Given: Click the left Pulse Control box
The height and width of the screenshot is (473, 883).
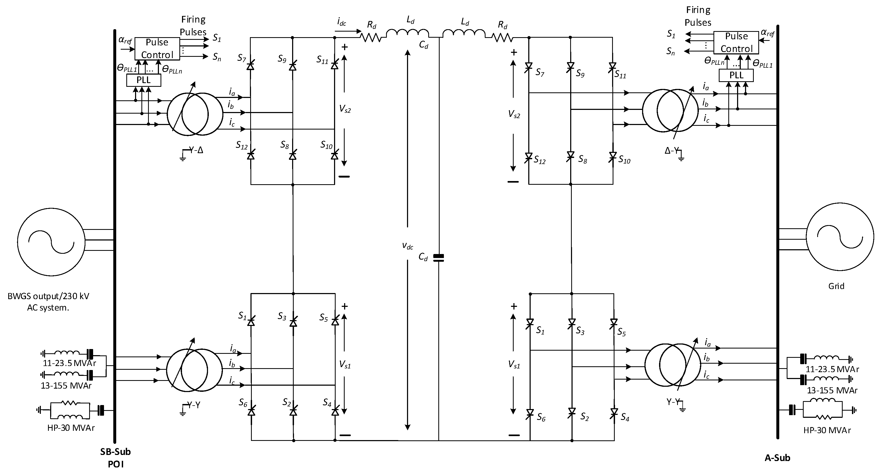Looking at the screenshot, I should coord(157,49).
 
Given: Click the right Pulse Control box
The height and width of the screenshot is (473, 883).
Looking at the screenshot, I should coord(736,42).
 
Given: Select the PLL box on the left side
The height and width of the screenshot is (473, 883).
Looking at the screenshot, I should coord(144,80).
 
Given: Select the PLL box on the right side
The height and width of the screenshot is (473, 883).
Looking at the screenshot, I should coord(736,75).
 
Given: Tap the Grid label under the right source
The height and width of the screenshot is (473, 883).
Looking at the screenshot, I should coord(836,286).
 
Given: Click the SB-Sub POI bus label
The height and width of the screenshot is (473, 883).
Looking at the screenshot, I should coord(115,458).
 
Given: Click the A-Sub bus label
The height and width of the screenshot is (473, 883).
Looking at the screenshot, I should coord(777,458).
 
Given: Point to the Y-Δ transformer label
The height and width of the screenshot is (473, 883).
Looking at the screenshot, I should coord(196,150).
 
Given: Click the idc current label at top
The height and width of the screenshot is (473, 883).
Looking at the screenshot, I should coord(341,22).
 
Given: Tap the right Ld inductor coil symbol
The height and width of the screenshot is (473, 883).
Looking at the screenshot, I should coord(464,33).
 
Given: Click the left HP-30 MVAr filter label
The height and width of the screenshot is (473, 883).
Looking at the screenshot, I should coord(71,428).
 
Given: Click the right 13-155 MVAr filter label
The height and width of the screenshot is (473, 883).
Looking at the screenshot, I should coord(832,390).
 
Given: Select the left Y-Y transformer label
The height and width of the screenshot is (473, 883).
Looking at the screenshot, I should coord(194,405).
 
